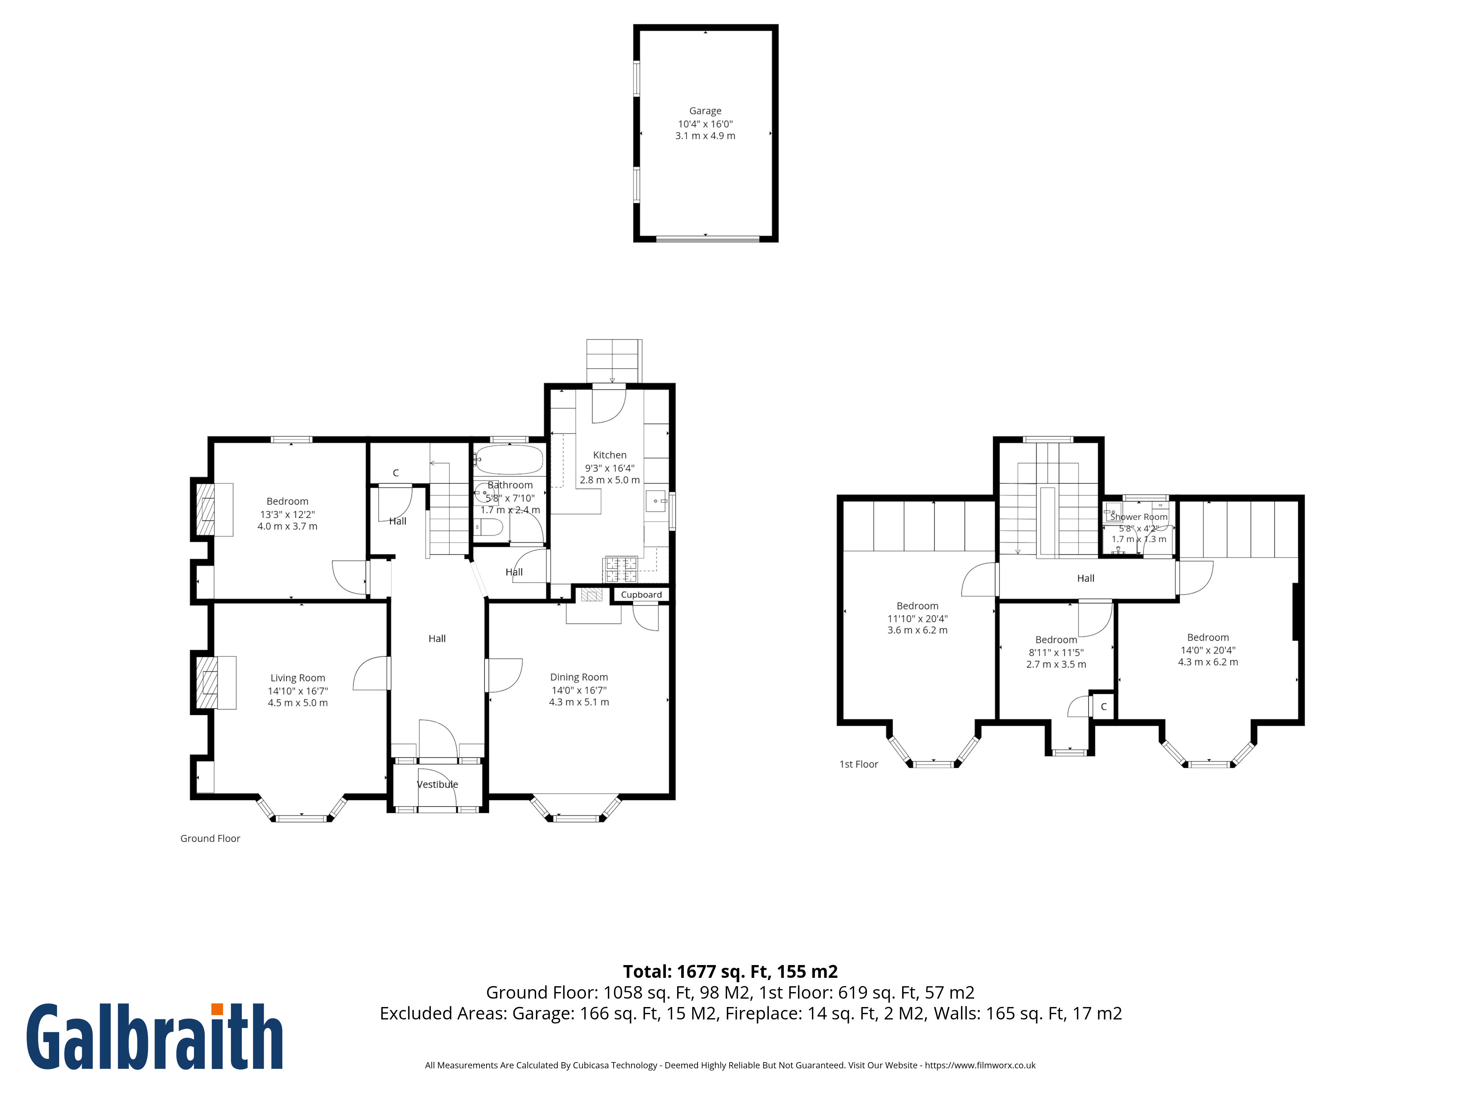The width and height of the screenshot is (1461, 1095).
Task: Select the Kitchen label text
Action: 610,455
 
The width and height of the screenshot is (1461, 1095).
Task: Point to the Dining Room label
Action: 579,677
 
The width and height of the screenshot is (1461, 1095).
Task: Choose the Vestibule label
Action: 437,784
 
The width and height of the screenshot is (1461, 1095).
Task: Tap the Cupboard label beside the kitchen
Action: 641,595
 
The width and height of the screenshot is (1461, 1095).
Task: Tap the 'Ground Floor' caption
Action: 210,838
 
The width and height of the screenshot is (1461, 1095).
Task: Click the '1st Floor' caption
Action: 859,764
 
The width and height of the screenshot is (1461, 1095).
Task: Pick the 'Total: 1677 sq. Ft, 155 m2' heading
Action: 730,972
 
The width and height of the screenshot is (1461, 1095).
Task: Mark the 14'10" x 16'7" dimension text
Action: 298,691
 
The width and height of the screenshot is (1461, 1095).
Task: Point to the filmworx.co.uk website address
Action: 980,1065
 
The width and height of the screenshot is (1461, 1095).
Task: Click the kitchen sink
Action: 656,502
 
